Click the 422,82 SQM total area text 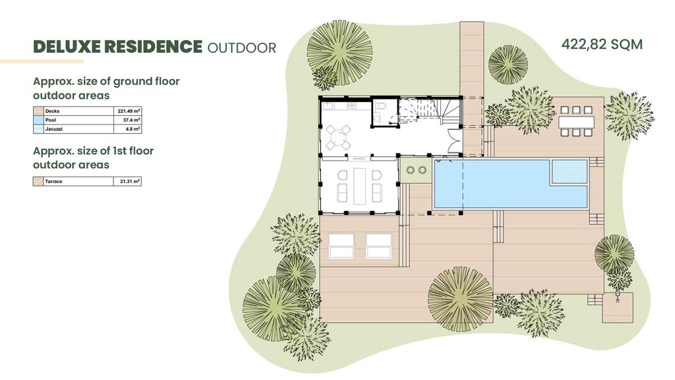[x=602, y=45]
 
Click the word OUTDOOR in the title [x=241, y=47]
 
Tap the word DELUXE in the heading [x=67, y=47]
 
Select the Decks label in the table [x=52, y=111]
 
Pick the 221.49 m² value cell [x=129, y=111]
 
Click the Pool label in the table [x=50, y=120]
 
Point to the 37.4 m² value [x=131, y=120]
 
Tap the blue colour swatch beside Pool [x=38, y=120]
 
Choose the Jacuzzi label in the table [x=54, y=129]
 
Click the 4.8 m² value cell [x=133, y=129]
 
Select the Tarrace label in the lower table [x=53, y=181]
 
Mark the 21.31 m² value [x=130, y=181]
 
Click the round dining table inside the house [x=338, y=138]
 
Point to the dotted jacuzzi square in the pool [x=569, y=171]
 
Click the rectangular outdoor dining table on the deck [x=576, y=122]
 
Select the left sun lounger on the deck [x=341, y=246]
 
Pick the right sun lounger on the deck [x=379, y=246]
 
